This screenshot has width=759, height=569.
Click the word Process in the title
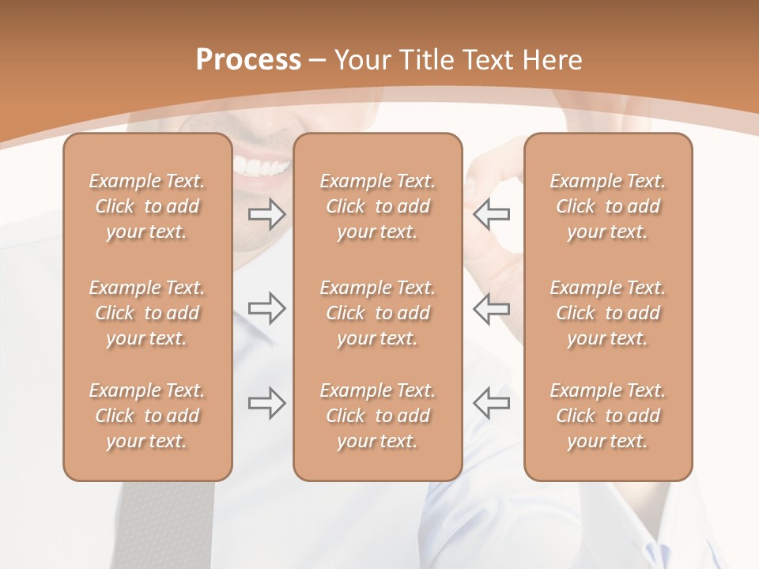point(248,60)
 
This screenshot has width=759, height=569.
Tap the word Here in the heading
point(553,60)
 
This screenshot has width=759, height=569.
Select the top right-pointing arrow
point(267,214)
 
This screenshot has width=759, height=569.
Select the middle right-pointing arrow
point(267,308)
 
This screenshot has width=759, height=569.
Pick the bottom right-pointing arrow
point(267,403)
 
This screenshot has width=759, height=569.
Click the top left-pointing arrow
point(492,214)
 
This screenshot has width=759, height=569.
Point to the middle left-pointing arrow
point(492,308)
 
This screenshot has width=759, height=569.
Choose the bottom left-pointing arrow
point(492,403)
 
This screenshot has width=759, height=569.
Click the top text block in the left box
point(147,206)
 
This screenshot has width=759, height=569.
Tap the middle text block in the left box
point(147,313)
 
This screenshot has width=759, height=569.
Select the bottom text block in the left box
point(147,416)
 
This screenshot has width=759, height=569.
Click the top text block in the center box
point(377,206)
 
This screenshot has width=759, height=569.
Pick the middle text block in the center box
point(377,313)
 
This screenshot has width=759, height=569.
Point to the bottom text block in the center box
point(377,416)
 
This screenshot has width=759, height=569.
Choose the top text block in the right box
point(607,206)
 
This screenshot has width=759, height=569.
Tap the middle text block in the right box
point(607,313)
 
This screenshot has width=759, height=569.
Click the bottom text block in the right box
point(607,416)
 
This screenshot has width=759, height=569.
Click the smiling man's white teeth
point(262,167)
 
